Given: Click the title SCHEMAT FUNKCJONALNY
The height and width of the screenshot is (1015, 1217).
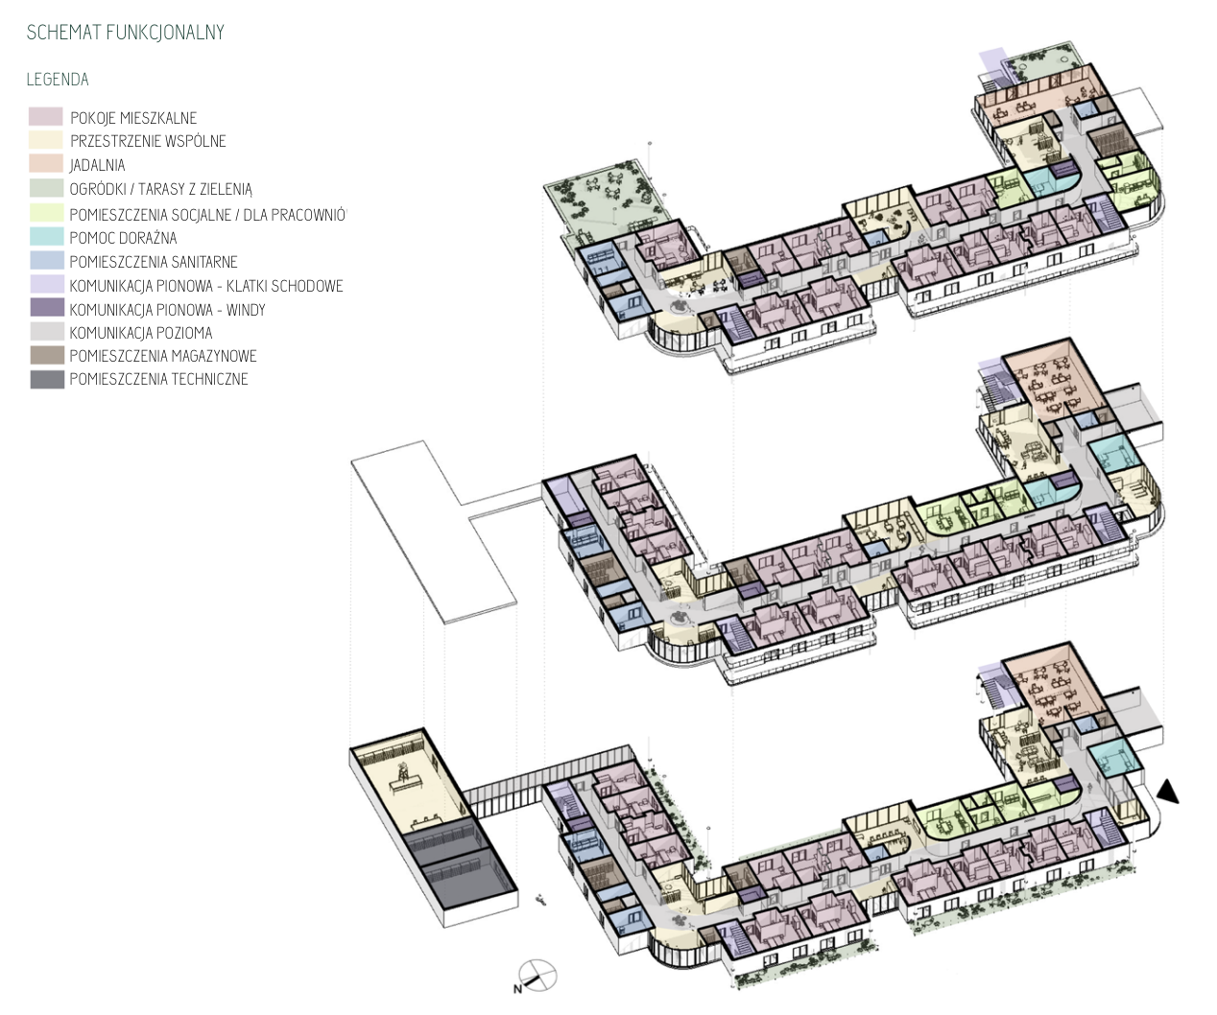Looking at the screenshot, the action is (x=126, y=33).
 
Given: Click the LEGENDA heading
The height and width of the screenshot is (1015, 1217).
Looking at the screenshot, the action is (x=58, y=80).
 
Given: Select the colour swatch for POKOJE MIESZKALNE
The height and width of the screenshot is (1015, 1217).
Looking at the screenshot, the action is (x=46, y=116).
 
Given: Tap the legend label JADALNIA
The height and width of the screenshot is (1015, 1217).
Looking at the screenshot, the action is (x=97, y=165).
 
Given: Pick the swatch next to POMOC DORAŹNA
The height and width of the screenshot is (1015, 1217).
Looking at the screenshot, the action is (x=47, y=236).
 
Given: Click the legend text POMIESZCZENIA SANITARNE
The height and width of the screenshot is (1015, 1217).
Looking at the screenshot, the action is (x=154, y=262).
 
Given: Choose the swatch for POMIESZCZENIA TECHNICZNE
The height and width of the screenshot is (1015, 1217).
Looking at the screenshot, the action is (x=47, y=379).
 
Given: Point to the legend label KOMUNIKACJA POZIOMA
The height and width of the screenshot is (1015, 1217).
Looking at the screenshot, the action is (x=140, y=333).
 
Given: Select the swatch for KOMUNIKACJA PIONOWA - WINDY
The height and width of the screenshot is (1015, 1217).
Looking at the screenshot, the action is (x=47, y=308).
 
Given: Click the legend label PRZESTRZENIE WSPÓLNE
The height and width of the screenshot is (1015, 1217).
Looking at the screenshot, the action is (x=148, y=141).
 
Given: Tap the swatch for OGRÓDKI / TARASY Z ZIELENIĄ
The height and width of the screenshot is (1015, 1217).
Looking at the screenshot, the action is (x=47, y=188).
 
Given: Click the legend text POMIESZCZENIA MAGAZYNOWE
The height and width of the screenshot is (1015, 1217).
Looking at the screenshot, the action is (x=162, y=356).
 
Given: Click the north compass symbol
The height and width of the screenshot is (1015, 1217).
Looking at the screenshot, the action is (x=538, y=976).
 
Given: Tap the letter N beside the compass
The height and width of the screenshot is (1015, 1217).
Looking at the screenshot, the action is (x=517, y=989).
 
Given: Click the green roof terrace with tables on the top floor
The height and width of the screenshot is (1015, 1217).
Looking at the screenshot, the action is (x=607, y=198).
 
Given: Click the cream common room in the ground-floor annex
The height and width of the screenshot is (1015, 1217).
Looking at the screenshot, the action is (x=409, y=783).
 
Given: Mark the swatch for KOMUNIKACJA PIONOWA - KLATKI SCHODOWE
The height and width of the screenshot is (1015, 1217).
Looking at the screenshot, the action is (x=47, y=284).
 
